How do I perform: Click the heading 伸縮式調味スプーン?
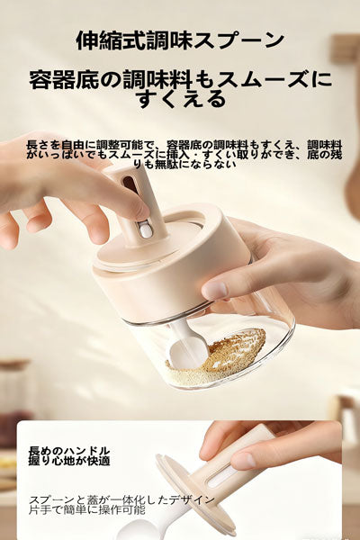click(x=180, y=41)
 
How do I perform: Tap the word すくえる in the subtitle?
click(x=180, y=99)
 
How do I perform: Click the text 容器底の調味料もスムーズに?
click(x=180, y=78)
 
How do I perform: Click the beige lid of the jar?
click(x=171, y=261)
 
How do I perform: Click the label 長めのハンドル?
click(x=69, y=450)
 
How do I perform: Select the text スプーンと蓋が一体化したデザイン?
click(x=121, y=499)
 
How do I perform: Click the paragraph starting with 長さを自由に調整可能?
click(x=180, y=155)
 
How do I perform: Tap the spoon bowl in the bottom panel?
click(x=144, y=529)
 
